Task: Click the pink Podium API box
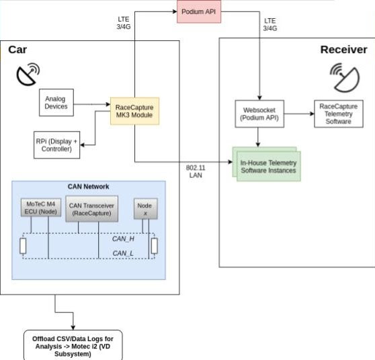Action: click(199, 11)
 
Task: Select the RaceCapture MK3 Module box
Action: click(134, 111)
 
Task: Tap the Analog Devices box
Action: click(56, 103)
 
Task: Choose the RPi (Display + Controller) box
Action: click(56, 145)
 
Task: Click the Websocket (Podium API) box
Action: click(259, 114)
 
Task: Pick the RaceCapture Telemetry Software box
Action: click(339, 114)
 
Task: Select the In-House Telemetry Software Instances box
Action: click(267, 165)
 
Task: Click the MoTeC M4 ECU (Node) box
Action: click(40, 208)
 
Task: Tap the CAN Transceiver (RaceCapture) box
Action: click(91, 209)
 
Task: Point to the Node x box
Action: click(145, 208)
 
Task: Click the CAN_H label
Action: click(123, 239)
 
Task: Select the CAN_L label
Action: click(123, 253)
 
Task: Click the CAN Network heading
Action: click(88, 187)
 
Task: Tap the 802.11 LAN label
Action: click(196, 171)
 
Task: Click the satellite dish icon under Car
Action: click(28, 74)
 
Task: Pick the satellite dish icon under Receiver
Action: click(345, 77)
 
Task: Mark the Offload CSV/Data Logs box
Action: click(73, 345)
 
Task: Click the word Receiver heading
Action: click(343, 50)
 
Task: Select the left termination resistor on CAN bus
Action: click(23, 246)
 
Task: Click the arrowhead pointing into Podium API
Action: click(175, 11)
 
